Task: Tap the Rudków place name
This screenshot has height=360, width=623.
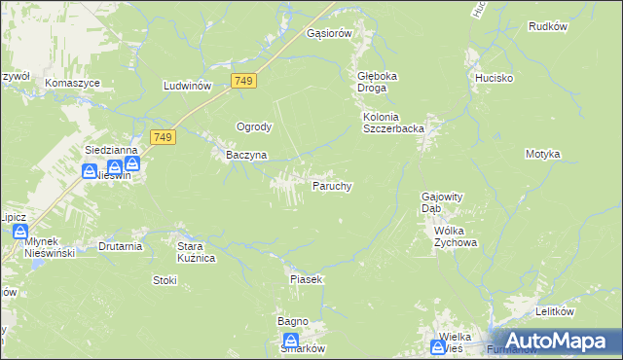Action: click(547, 26)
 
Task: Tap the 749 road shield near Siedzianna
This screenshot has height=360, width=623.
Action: click(163, 137)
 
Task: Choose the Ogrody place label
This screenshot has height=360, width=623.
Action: click(254, 126)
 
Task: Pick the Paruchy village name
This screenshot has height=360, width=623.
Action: click(331, 185)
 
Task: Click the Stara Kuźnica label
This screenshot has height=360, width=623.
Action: click(195, 252)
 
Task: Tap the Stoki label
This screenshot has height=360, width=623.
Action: click(165, 280)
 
